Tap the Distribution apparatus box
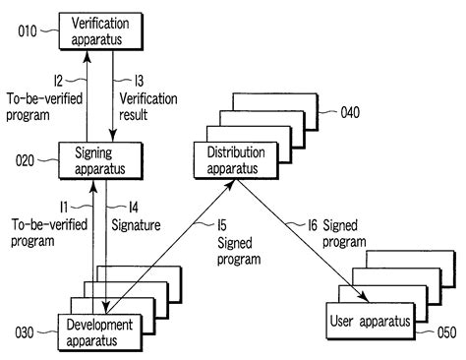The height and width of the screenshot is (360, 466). tap(233, 160)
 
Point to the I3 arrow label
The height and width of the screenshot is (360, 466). tap(126, 78)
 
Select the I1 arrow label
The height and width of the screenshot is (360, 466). tap(62, 208)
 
